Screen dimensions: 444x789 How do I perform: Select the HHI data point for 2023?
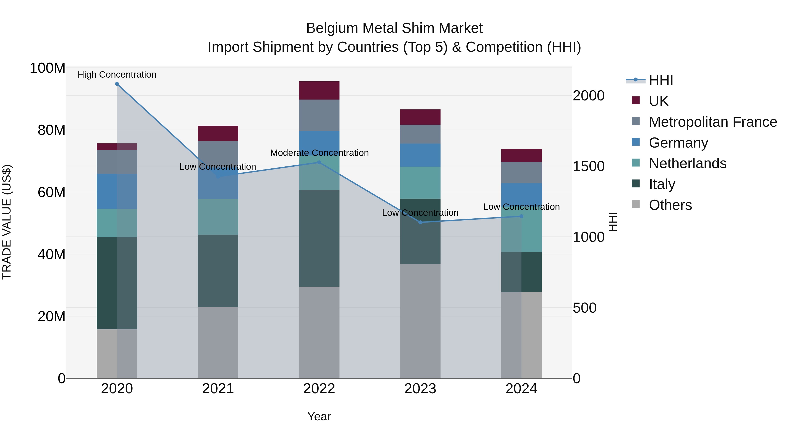pyautogui.click(x=420, y=222)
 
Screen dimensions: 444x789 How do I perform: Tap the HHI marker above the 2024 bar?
pyautogui.click(x=521, y=216)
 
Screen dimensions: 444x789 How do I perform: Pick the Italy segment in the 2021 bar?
pyautogui.click(x=218, y=271)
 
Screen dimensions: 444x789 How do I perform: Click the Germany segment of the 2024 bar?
pyautogui.click(x=521, y=194)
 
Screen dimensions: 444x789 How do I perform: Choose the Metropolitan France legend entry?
pyautogui.click(x=713, y=122)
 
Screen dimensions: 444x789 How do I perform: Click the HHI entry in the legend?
pyautogui.click(x=661, y=80)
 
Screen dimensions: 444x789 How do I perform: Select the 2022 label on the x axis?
pyautogui.click(x=319, y=389)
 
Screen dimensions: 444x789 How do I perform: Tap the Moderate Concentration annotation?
pyautogui.click(x=319, y=153)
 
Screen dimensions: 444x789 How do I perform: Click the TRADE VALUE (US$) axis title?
pyautogui.click(x=7, y=222)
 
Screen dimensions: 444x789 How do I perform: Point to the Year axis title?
pyautogui.click(x=319, y=416)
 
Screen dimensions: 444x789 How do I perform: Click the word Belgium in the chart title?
pyautogui.click(x=332, y=28)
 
